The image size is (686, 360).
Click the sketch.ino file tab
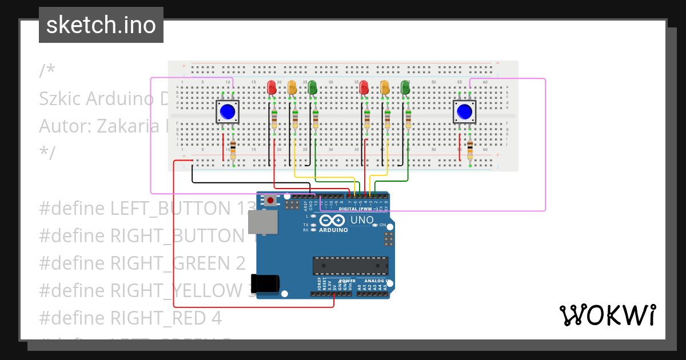(x=101, y=25)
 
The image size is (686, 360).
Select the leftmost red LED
(x=272, y=87)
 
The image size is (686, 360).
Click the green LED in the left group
(x=312, y=87)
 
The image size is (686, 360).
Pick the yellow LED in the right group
(x=385, y=87)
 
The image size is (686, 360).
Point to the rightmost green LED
(x=405, y=87)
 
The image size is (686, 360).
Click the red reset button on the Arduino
(x=270, y=200)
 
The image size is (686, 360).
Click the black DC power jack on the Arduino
(x=266, y=284)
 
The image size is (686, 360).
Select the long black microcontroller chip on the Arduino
(x=350, y=266)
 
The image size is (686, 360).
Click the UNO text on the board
(x=361, y=220)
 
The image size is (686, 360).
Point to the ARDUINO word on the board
(x=333, y=230)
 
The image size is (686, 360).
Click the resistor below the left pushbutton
(x=233, y=150)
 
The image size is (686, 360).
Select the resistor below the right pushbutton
(x=470, y=150)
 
